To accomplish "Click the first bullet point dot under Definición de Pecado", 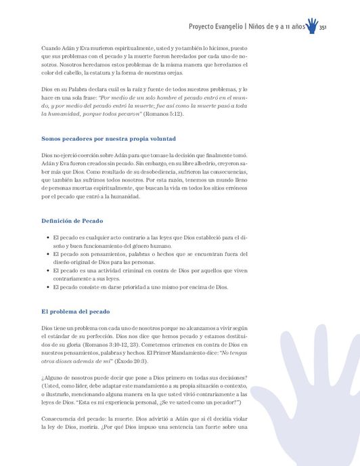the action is [45, 238].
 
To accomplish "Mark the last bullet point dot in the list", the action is [45, 287].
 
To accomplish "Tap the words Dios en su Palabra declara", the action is [78, 89].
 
